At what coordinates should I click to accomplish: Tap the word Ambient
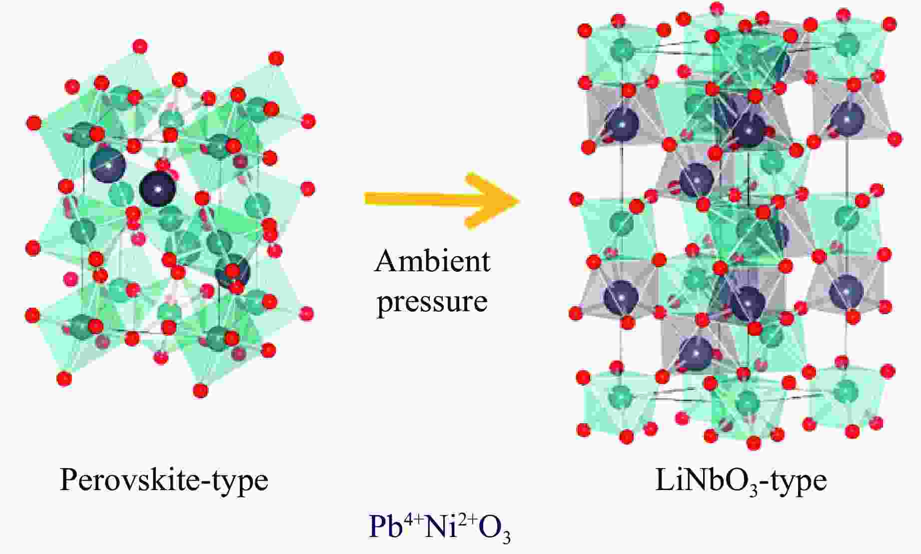pos(432,261)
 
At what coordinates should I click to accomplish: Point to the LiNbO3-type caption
pos(741,481)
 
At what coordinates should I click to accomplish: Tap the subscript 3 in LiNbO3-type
pos(763,488)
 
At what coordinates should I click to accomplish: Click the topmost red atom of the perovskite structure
pos(140,47)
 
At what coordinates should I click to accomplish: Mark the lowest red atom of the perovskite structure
pos(200,390)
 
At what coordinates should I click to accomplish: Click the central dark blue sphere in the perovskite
pos(157,189)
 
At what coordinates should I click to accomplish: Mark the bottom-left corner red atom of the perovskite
pos(64,379)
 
